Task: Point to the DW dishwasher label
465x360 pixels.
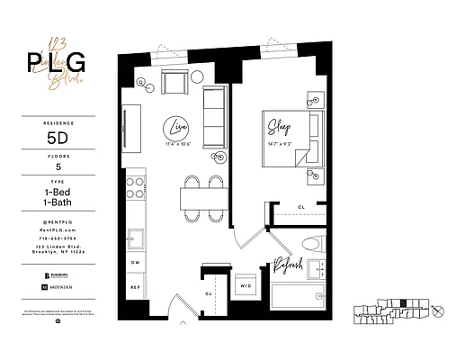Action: [135, 263]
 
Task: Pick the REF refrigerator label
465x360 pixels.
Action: [135, 287]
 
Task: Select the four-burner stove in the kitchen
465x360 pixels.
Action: [136, 188]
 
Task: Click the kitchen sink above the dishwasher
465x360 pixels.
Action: [136, 238]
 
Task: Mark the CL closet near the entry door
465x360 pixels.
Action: [208, 292]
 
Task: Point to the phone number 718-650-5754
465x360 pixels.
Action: [58, 239]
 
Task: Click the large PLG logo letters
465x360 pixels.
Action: [58, 63]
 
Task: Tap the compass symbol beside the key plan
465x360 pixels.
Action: [438, 311]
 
